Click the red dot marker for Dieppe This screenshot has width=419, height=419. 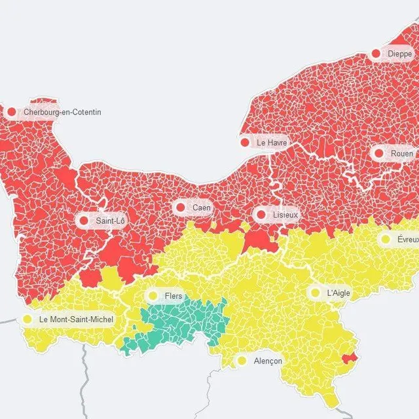[x=376, y=54]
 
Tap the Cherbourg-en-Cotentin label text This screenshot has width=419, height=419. [x=62, y=113]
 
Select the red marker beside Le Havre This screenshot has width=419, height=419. [x=245, y=142]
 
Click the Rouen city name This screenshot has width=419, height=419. [x=401, y=153]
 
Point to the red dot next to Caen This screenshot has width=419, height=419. [x=181, y=208]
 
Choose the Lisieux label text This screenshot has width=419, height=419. [x=285, y=215]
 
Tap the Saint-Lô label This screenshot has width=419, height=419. [x=110, y=221]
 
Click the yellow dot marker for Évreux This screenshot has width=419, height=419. [x=386, y=240]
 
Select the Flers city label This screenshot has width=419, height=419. [x=173, y=297]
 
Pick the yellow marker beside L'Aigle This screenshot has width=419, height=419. [x=316, y=293]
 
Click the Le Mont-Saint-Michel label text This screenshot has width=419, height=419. [x=76, y=319]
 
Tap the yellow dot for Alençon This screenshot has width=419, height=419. [x=242, y=361]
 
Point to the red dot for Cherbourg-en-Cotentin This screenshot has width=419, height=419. [x=11, y=112]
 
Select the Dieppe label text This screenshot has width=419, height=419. [x=399, y=54]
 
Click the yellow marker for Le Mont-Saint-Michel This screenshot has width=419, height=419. [x=27, y=319]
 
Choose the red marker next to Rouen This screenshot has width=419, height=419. [x=379, y=153]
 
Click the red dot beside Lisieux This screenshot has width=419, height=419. [x=261, y=215]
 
